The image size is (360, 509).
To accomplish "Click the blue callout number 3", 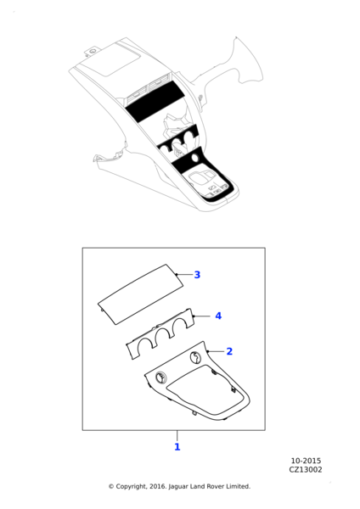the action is (197, 275).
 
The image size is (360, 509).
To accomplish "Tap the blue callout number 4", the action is (218, 316).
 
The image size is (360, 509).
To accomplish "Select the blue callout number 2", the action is (229, 351).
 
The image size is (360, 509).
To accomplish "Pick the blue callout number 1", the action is (177, 447).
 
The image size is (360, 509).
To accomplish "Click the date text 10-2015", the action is (306, 461).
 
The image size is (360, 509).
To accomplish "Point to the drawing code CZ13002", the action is (306, 470).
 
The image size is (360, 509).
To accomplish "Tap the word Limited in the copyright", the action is (239, 486).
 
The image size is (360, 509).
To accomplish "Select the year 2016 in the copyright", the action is (158, 487).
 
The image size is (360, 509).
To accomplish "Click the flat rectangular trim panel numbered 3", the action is (140, 294).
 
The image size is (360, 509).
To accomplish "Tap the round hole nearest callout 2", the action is (195, 357).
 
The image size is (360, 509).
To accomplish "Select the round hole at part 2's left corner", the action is (160, 377).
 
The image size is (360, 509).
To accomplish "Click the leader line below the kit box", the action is (177, 435).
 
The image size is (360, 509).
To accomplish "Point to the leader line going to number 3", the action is (184, 275).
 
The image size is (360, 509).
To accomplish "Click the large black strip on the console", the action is (155, 101).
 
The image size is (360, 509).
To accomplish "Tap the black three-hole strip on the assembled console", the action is (178, 139).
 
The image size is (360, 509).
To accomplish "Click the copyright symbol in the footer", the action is (111, 487).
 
